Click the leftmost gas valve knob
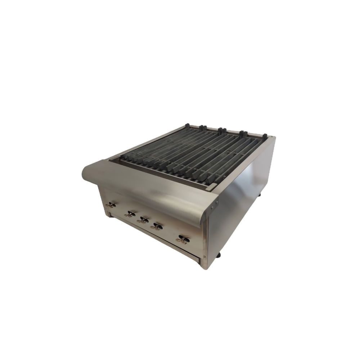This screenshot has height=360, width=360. tap(111, 205)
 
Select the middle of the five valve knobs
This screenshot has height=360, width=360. tap(143, 220)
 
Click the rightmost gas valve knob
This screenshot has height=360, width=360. tap(184, 239)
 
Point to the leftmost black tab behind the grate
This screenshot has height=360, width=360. tap(187, 126)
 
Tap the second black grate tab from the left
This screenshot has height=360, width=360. tap(203, 127)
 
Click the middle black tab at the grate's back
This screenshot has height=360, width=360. tap(221, 130)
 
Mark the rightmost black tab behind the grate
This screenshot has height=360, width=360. tap(265, 136)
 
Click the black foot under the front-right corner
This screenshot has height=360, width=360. tap(218, 256)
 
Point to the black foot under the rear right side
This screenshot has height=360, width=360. tap(260, 196)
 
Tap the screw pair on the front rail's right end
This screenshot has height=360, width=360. tap(215, 205)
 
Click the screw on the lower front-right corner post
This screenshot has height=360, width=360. tap(204, 257)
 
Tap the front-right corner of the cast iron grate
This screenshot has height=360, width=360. tap(212, 186)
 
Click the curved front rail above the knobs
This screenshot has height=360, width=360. tap(151, 191)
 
